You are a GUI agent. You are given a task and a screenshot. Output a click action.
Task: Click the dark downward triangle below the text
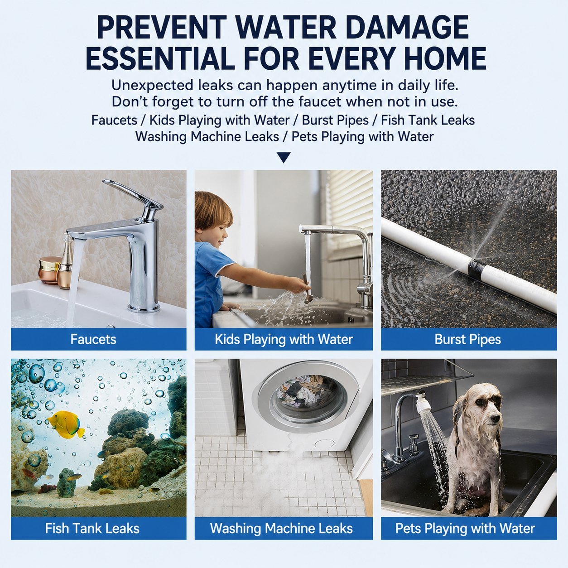(284, 158)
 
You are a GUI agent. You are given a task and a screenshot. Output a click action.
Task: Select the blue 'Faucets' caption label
(99, 339)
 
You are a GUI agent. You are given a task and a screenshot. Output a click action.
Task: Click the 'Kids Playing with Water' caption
(284, 339)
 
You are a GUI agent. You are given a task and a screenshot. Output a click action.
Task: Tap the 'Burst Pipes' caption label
(469, 339)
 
